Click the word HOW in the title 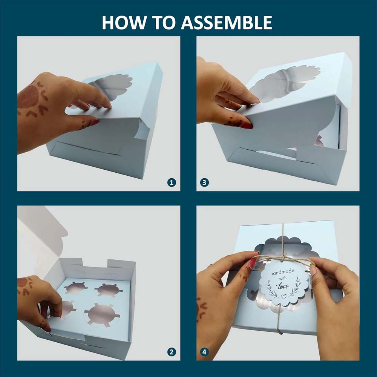click(124, 23)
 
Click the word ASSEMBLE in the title click(227, 23)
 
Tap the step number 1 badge click(172, 182)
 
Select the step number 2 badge click(172, 352)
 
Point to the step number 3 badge click(204, 182)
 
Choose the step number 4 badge click(204, 352)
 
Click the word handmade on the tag click(282, 272)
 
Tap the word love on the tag click(283, 286)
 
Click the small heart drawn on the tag click(284, 297)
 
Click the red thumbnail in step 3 click(247, 126)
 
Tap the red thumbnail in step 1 click(95, 122)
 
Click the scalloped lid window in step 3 click(285, 82)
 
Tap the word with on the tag click(283, 279)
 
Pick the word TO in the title click(163, 23)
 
